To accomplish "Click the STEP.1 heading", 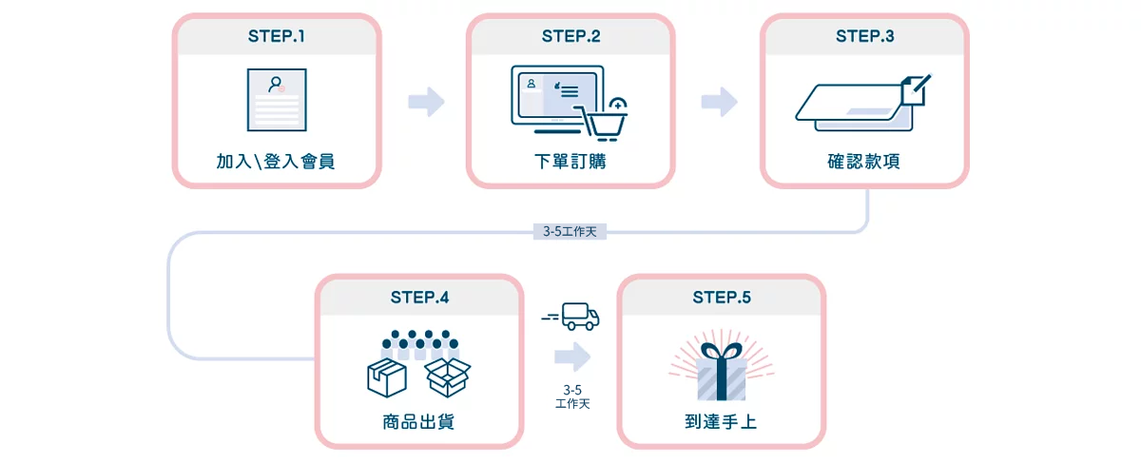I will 277,37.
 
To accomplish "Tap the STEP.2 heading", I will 570,37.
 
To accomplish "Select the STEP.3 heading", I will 864,37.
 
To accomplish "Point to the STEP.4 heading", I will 419,298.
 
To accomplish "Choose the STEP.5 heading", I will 722,298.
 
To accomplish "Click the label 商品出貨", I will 419,421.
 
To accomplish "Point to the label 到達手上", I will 722,421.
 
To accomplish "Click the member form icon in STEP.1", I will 277,100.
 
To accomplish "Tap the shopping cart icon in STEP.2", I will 606,119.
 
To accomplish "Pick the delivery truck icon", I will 577,317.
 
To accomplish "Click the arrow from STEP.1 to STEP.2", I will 427,102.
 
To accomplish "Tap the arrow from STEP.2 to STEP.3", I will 720,102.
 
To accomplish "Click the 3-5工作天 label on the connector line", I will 570,231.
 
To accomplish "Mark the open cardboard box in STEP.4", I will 448,376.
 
